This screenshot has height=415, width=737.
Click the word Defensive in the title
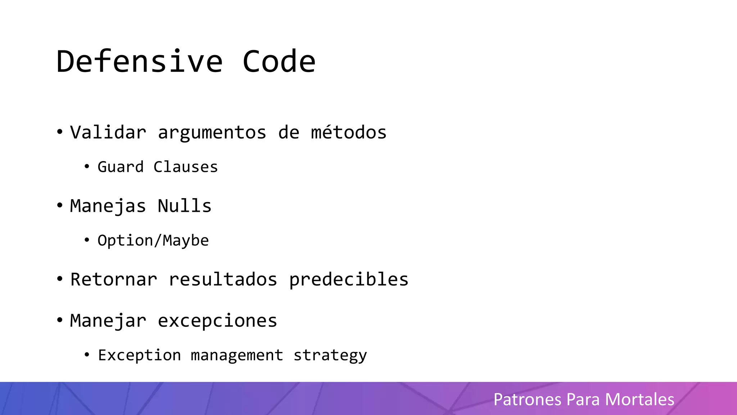140,62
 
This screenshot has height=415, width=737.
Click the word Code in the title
279,62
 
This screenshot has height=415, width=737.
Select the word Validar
108,132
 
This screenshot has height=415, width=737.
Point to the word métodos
349,132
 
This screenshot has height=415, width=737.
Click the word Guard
121,167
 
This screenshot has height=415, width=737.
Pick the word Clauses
186,167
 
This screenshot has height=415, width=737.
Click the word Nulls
185,206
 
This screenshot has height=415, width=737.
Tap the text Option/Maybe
153,241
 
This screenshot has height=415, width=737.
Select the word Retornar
114,280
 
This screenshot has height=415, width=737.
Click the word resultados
223,280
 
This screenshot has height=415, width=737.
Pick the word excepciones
217,321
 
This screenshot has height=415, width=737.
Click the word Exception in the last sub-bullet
139,355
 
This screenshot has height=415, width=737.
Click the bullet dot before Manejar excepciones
60,320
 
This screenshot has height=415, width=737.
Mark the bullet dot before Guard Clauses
87,166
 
